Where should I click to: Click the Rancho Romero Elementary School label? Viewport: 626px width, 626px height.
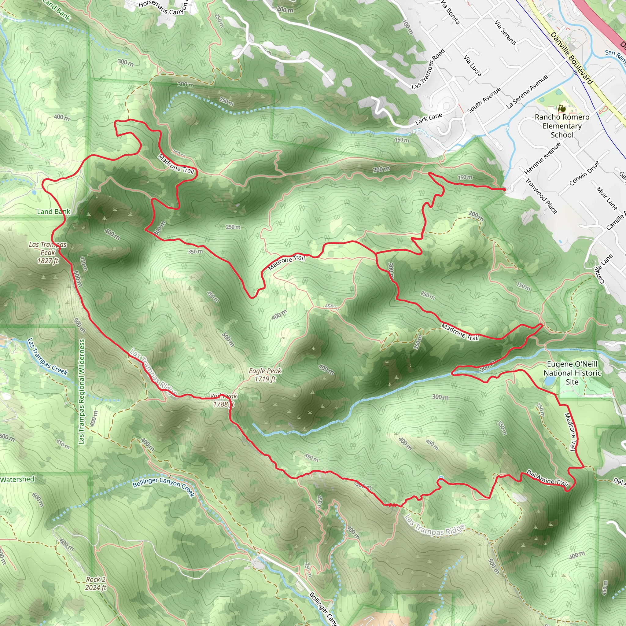(562, 126)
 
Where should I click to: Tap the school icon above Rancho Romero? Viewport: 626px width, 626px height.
(562, 109)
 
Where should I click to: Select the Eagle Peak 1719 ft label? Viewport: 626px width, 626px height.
(265, 374)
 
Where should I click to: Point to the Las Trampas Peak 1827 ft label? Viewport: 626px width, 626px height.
(48, 252)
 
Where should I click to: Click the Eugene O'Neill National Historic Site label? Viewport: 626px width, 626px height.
(572, 373)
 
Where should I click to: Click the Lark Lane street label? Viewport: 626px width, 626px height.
(428, 119)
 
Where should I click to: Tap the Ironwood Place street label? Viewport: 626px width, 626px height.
(541, 196)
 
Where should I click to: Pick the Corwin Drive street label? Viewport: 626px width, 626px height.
(584, 173)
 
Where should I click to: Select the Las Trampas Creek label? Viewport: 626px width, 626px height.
(47, 356)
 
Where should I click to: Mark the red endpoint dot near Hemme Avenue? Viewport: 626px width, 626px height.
(504, 189)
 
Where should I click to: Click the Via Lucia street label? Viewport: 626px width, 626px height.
(473, 65)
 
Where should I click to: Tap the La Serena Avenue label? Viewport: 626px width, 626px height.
(527, 92)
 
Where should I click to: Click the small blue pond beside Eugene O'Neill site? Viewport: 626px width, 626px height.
(548, 381)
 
